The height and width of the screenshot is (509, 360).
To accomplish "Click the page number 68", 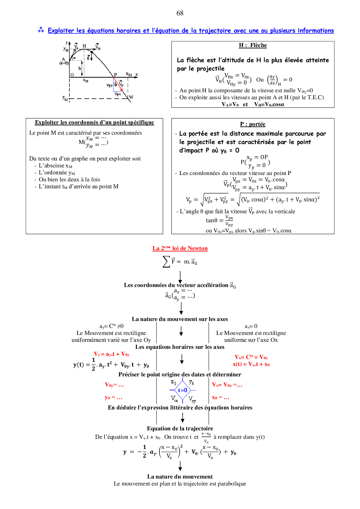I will (180, 13).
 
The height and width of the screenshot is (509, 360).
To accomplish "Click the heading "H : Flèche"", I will (253, 45).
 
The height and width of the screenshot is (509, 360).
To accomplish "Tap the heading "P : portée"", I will (253, 124).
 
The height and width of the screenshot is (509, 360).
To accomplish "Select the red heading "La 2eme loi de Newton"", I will (180, 248).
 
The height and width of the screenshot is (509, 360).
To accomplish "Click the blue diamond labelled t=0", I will (183, 390).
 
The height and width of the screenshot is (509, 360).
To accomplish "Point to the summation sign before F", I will (166, 261).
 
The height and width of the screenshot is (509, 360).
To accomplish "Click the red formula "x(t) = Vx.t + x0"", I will (251, 364).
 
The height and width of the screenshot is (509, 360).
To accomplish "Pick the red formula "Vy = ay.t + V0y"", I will (111, 354).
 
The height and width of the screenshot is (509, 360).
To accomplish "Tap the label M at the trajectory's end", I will (131, 97).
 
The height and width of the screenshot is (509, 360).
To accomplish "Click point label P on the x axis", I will (115, 75).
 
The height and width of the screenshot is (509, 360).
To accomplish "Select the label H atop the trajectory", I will (84, 46).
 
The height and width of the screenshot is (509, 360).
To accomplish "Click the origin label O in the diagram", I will (72, 75).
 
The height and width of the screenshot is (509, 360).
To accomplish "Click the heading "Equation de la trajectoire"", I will (180, 428).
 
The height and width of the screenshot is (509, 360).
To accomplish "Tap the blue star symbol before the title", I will (41, 30).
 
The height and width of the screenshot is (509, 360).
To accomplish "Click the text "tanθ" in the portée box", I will (211, 220).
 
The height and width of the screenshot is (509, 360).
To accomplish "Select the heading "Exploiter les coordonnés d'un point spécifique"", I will (94, 122).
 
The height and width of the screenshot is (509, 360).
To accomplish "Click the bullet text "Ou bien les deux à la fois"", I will (69, 180).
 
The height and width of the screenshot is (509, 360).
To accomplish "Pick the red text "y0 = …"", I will (114, 397).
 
